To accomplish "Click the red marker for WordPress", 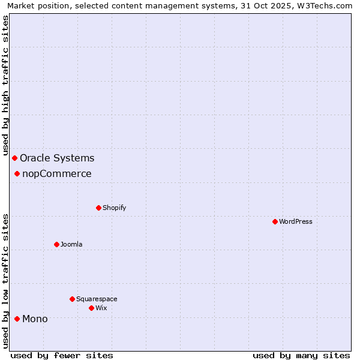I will (275, 221).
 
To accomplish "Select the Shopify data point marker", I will (98, 208).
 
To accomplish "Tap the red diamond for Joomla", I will (56, 244).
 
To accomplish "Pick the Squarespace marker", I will (72, 299).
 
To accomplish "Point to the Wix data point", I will (91, 308).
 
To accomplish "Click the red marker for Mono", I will (17, 319).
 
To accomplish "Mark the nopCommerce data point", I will (17, 174).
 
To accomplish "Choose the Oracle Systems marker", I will (14, 158).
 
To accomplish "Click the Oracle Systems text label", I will (57, 158).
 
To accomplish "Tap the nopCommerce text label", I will (57, 174).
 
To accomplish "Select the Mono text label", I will (35, 319).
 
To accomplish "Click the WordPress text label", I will (296, 222).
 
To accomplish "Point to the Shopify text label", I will (114, 208).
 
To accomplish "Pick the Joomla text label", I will (71, 245).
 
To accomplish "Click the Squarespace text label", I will (97, 299).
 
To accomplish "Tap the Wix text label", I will (101, 308).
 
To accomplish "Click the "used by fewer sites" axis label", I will (62, 355).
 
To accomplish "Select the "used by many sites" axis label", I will (301, 355).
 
